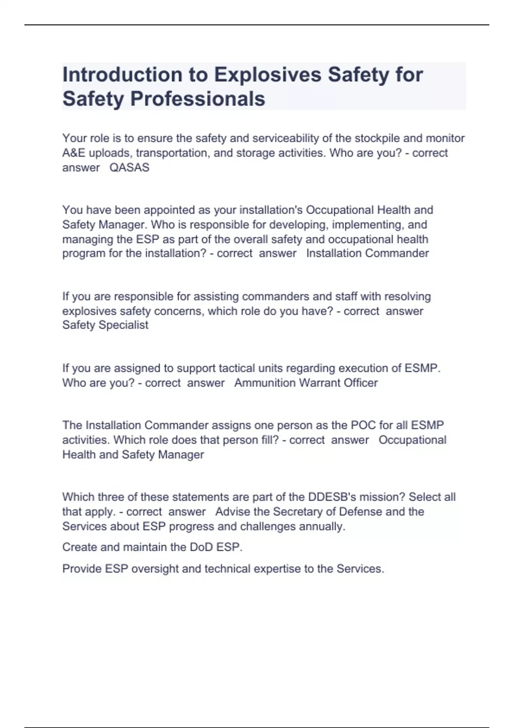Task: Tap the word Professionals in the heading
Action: [197, 99]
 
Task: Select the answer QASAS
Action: [129, 167]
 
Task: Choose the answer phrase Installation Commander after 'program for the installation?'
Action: [367, 253]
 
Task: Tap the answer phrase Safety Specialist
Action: [105, 325]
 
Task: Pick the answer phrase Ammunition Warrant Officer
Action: [306, 383]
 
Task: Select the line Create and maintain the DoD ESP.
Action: [152, 547]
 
